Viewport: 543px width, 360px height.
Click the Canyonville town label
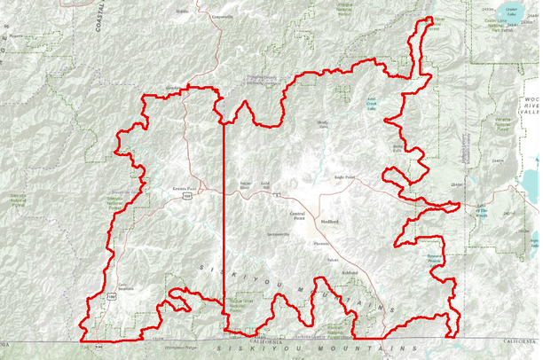pyautogui.click(x=223, y=16)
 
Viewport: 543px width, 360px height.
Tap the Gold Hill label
pyautogui.click(x=265, y=184)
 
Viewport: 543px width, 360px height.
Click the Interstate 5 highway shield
pyautogui.click(x=276, y=192)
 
